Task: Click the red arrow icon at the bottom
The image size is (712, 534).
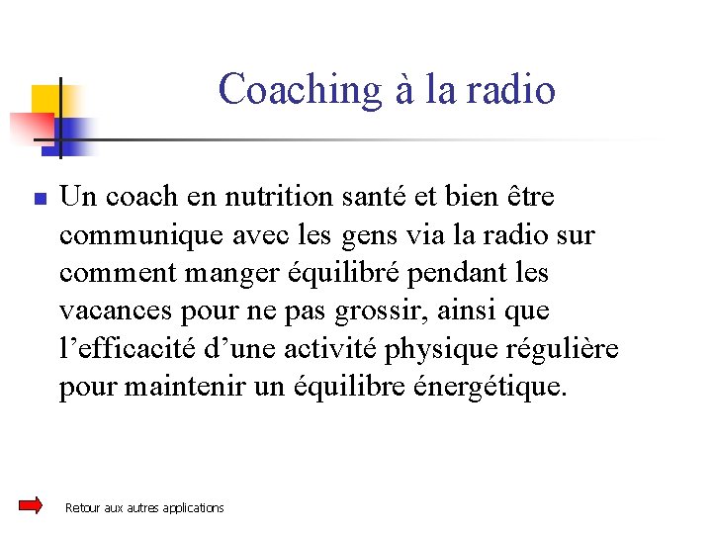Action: coord(31,505)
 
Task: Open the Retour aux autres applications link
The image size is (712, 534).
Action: coord(144,508)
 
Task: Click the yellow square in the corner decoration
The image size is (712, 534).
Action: coord(45,100)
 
